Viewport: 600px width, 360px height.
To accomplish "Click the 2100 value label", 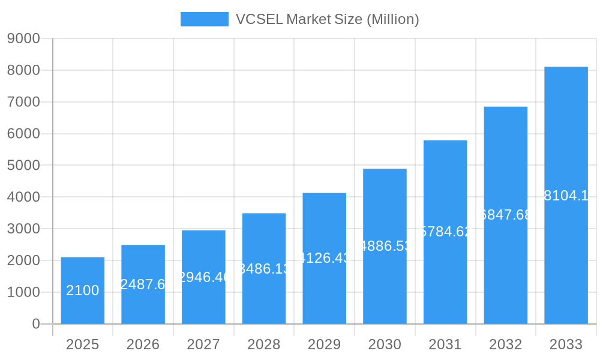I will [83, 290].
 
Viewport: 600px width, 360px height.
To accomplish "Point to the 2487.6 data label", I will [143, 284].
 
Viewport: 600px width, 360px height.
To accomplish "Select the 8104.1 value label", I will [566, 196].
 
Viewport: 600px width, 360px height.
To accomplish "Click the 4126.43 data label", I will [324, 258].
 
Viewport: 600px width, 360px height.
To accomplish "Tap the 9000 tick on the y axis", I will [23, 38].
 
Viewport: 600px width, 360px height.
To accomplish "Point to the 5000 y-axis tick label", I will [23, 165].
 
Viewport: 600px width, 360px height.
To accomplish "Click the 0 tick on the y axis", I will [35, 324].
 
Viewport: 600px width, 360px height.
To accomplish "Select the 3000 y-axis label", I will [23, 229].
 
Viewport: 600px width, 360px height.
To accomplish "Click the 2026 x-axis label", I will [143, 344].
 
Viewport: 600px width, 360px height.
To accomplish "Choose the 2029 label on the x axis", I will [324, 344].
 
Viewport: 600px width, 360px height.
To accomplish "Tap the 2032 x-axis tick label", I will [505, 344].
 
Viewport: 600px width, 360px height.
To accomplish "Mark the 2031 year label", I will [445, 344].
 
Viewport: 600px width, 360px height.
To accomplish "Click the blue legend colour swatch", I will [205, 19].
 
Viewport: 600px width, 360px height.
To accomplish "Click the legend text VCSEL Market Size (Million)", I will [327, 19].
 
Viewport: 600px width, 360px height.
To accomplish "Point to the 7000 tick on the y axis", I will [23, 102].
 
